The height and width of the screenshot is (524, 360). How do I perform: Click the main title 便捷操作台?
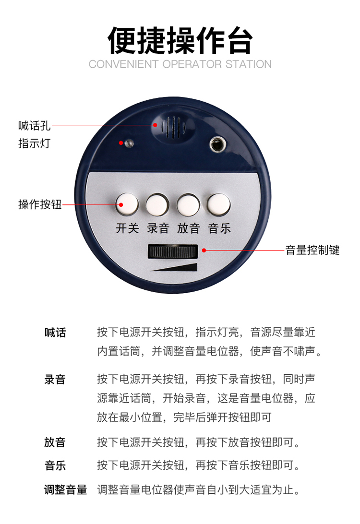tap(180, 40)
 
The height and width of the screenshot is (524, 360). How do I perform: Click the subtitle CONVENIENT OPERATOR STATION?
tap(180, 64)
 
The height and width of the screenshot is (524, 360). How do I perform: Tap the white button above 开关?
tap(127, 204)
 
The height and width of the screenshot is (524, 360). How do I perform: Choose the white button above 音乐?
tap(218, 204)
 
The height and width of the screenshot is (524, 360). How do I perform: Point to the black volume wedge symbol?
tap(174, 267)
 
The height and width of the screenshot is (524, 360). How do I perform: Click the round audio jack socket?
tap(217, 145)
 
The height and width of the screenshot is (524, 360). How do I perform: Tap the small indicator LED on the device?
tap(129, 143)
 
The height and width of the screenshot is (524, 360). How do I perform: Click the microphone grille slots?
tap(173, 127)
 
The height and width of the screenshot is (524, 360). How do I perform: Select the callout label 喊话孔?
tap(35, 126)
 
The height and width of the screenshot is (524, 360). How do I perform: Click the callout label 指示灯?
tap(34, 143)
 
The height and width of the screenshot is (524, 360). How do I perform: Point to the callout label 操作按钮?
tap(40, 204)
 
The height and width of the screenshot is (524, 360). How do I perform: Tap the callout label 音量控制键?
tap(312, 250)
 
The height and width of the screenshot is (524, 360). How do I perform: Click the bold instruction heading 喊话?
tap(55, 333)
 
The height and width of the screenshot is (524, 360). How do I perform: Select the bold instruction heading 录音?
tap(55, 380)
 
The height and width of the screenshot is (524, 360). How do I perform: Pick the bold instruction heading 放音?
tap(55, 442)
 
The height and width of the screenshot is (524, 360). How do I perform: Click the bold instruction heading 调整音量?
tap(65, 489)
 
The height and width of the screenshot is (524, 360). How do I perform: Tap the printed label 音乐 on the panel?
tap(219, 228)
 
